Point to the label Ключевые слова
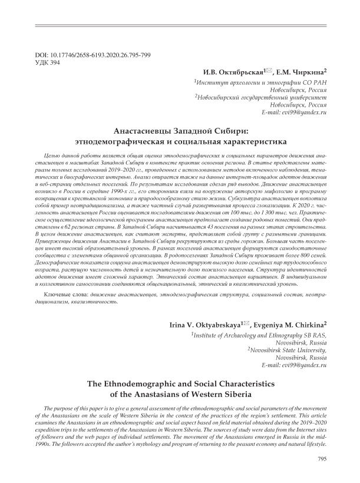[x=64, y=294]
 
